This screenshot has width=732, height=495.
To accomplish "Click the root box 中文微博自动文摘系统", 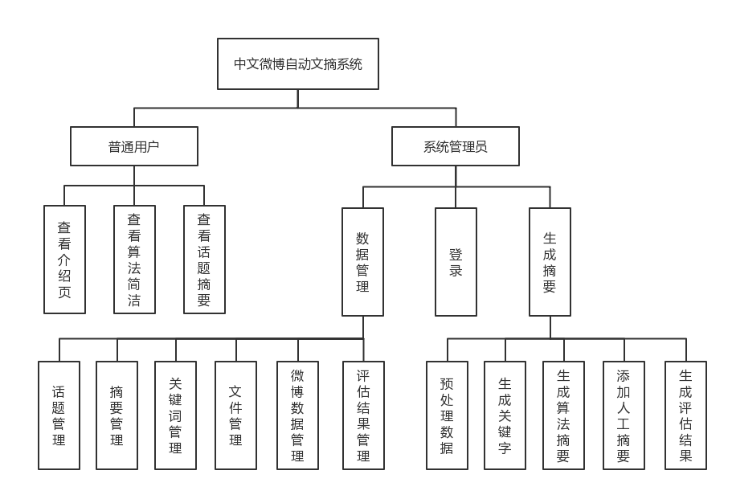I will (x=297, y=64).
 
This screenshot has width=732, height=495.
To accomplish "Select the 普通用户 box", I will (x=134, y=146).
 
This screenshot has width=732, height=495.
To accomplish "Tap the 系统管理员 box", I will (x=456, y=146).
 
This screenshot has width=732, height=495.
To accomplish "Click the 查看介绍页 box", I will (x=64, y=260).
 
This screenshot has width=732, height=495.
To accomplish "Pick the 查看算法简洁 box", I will (x=134, y=260).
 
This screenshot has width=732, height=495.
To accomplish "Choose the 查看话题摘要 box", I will (x=204, y=260).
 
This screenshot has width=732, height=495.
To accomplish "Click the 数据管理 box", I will (x=362, y=262).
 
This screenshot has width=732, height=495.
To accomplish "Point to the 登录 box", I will (x=456, y=262).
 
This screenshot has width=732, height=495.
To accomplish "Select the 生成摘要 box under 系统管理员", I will (x=550, y=262).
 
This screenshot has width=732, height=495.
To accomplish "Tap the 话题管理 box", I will (x=59, y=415).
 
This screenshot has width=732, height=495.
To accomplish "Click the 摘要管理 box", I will (x=117, y=415).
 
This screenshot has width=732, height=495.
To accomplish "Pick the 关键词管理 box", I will (x=175, y=415).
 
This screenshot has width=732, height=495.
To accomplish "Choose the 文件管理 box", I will (x=235, y=415).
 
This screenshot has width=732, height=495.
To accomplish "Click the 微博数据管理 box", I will (x=297, y=415).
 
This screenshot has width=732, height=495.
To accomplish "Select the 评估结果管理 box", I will (x=363, y=415).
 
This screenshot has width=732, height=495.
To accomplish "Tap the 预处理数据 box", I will (x=447, y=415).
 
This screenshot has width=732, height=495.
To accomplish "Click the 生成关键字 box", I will (x=505, y=415).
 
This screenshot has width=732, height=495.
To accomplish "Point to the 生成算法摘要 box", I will (x=563, y=415).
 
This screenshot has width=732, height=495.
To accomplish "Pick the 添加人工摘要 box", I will (x=624, y=415).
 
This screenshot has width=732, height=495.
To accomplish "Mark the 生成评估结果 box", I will (x=685, y=415).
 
